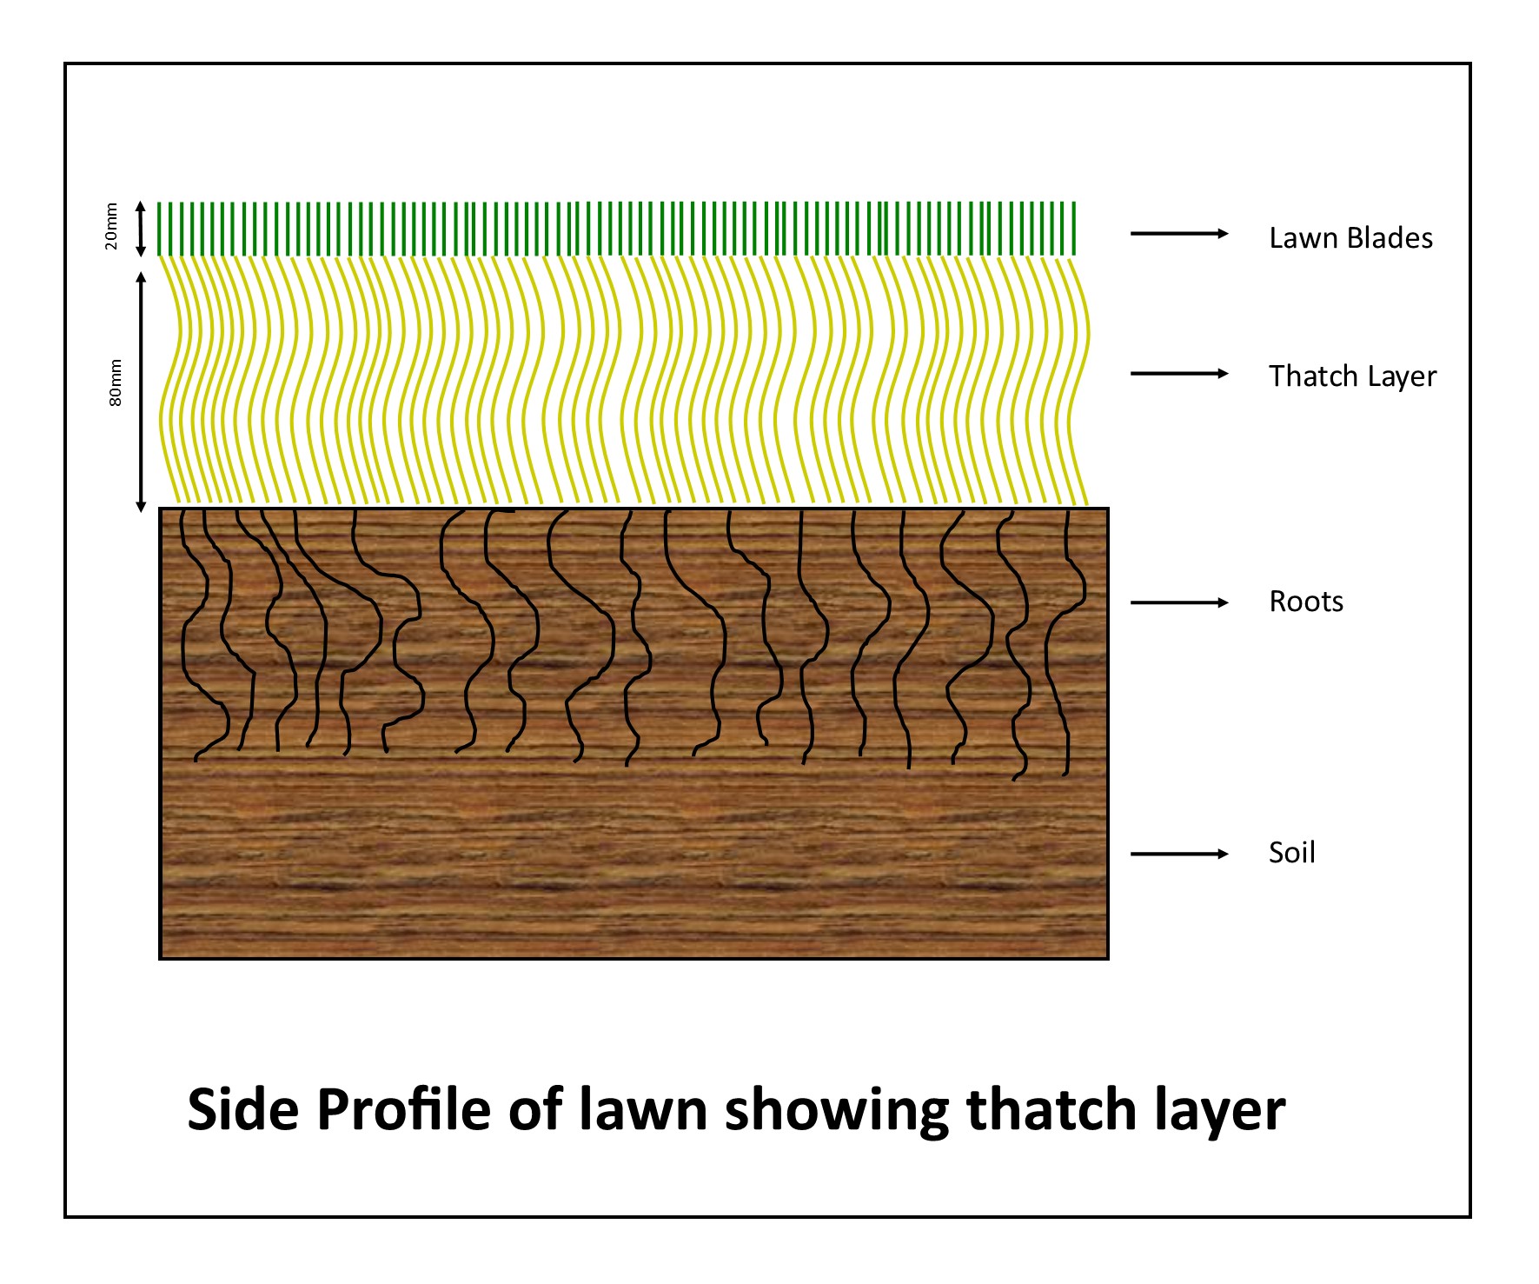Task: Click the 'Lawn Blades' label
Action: coord(1350,237)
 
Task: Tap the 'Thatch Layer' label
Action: coord(1352,376)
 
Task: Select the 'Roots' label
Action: coord(1306,602)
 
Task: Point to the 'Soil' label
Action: coord(1291,852)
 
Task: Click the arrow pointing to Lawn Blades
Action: coord(1179,233)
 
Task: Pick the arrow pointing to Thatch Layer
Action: coord(1179,374)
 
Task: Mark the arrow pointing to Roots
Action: coord(1179,602)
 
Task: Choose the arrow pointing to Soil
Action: coord(1179,854)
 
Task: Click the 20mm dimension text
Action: coord(111,226)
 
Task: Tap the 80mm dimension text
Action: coord(115,383)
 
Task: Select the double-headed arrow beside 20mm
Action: coord(141,230)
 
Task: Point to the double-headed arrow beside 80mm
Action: coord(141,391)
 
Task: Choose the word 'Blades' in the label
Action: coord(1390,237)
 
